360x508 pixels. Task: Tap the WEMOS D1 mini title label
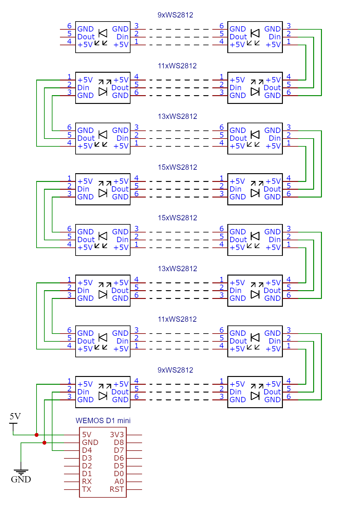pyautogui.click(x=103, y=421)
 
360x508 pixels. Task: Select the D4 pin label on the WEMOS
pyautogui.click(x=87, y=450)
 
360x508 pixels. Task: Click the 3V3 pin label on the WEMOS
pyautogui.click(x=117, y=435)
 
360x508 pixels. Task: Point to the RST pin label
pyautogui.click(x=117, y=489)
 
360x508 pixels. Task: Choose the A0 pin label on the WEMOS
pyautogui.click(x=119, y=481)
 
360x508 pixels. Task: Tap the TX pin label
pyautogui.click(x=87, y=489)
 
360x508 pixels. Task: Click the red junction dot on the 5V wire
pyautogui.click(x=37, y=435)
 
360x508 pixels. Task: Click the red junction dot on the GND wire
pyautogui.click(x=44, y=442)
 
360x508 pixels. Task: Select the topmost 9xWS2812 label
pyautogui.click(x=175, y=15)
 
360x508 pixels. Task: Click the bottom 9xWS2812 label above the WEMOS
pyautogui.click(x=175, y=370)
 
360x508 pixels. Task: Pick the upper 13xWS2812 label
pyautogui.click(x=177, y=116)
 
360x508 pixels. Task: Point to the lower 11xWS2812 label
pyautogui.click(x=177, y=319)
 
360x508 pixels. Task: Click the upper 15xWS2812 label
pyautogui.click(x=177, y=167)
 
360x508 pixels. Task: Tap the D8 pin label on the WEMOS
pyautogui.click(x=119, y=442)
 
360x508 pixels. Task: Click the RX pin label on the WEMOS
pyautogui.click(x=87, y=481)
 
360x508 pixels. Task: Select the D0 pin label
pyautogui.click(x=119, y=474)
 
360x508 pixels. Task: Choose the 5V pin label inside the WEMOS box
pyautogui.click(x=87, y=435)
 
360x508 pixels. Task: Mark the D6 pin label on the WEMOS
pyautogui.click(x=119, y=458)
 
